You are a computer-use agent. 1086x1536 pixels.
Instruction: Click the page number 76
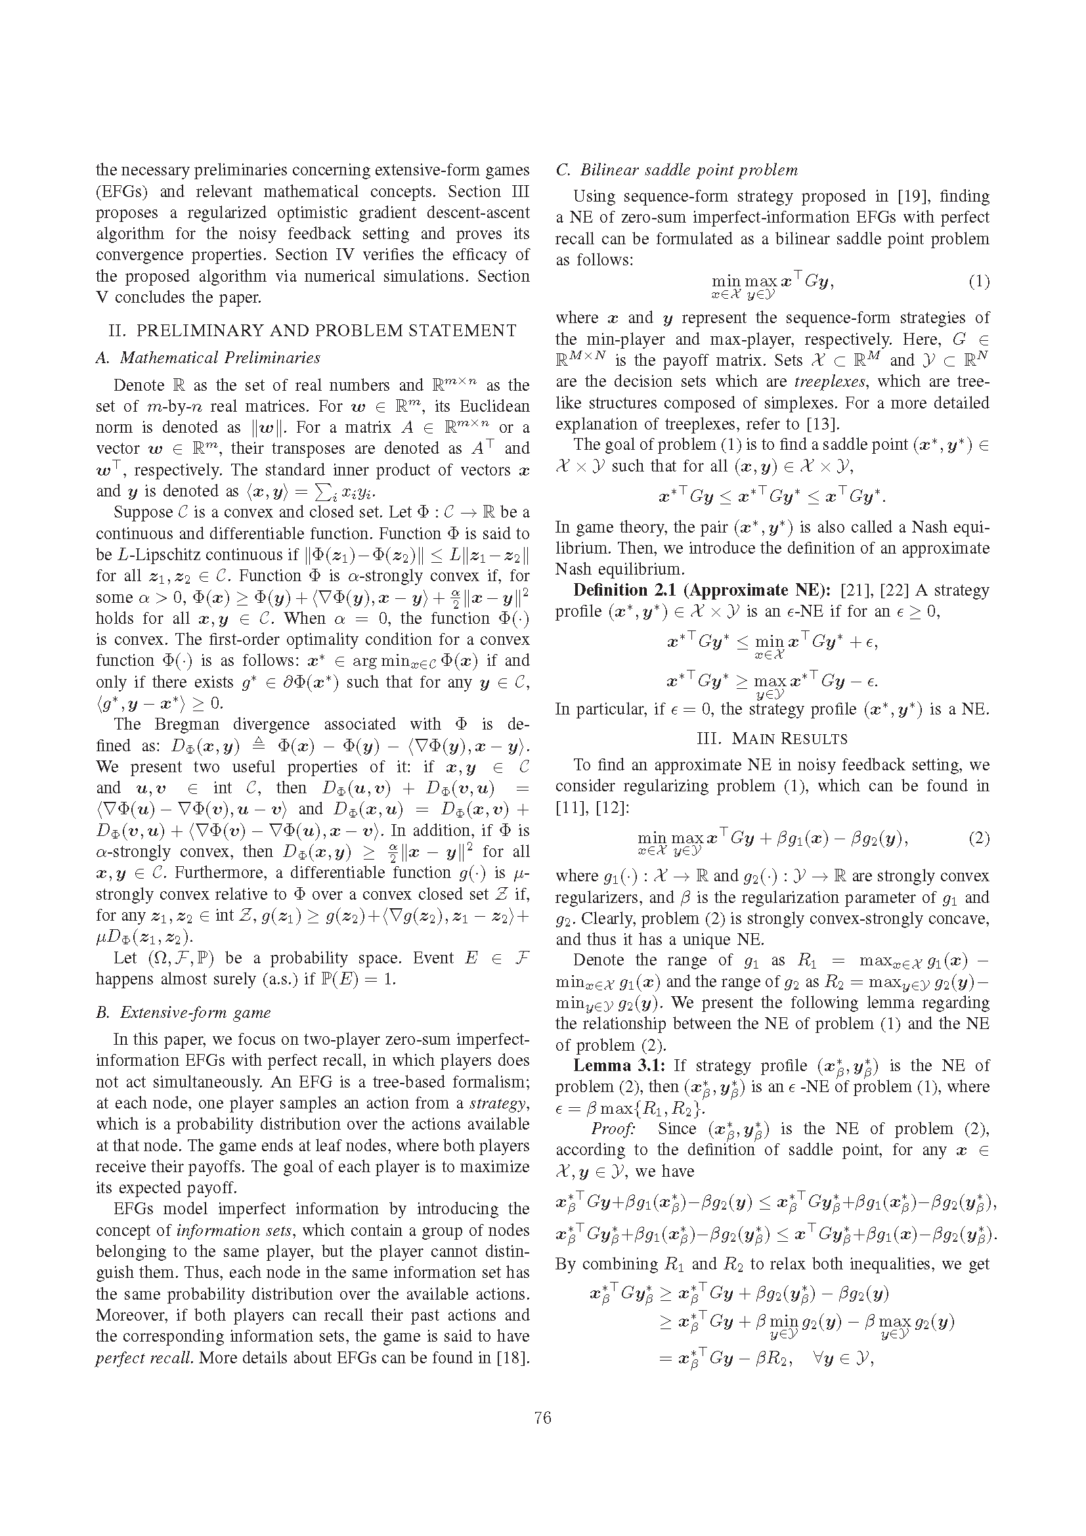pyautogui.click(x=542, y=1417)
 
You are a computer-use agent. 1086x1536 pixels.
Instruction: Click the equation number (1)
pyautogui.click(x=978, y=282)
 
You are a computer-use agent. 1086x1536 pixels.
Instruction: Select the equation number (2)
pyautogui.click(x=978, y=838)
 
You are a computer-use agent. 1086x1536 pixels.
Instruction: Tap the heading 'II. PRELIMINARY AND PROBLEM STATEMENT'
pyautogui.click(x=313, y=330)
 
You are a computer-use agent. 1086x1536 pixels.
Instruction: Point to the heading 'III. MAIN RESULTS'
pyautogui.click(x=771, y=739)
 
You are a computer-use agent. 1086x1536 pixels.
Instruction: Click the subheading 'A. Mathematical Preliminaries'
pyautogui.click(x=208, y=358)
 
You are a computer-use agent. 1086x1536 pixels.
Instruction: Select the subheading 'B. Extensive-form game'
pyautogui.click(x=183, y=1012)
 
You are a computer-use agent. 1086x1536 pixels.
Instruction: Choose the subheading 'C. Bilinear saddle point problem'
pyautogui.click(x=677, y=170)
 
